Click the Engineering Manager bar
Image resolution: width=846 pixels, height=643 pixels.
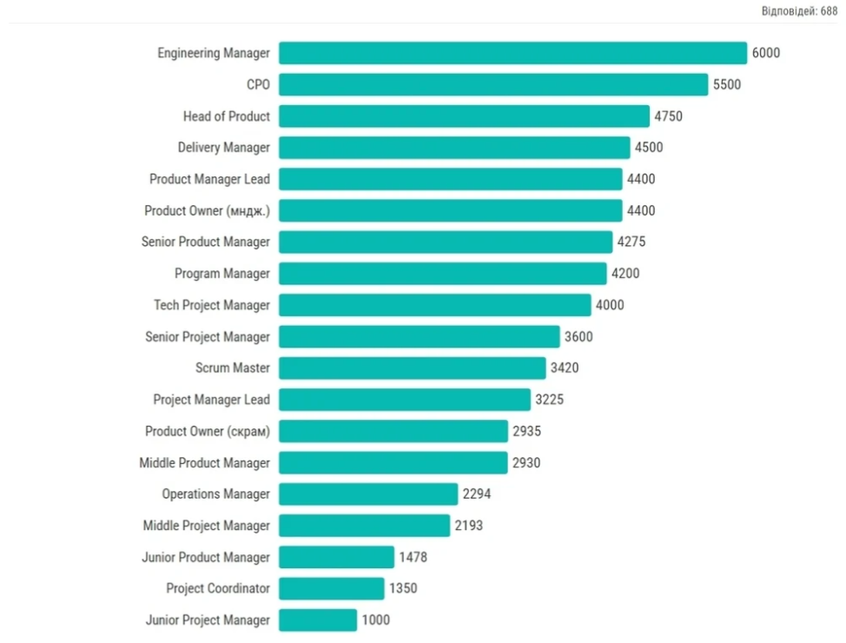pos(512,53)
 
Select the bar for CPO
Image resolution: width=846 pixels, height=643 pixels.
pos(493,84)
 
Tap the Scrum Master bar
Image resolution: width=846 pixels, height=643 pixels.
pos(413,368)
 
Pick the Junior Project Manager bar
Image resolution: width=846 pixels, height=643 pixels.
pos(318,620)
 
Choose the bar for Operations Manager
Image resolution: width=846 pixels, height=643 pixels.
pos(368,494)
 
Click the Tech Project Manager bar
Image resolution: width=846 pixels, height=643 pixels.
pos(435,305)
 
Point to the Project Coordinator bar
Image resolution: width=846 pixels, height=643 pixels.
pos(331,588)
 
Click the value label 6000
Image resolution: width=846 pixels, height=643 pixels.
pos(765,53)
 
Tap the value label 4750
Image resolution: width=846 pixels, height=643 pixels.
pos(668,116)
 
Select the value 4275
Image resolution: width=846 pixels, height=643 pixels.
pos(631,242)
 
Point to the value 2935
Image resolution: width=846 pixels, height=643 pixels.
pos(526,431)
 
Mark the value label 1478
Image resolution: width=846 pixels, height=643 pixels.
pos(413,557)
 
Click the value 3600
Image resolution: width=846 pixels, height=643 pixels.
pos(578,337)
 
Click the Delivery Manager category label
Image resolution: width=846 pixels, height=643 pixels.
pos(224,148)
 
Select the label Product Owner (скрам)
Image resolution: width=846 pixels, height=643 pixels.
pos(208,431)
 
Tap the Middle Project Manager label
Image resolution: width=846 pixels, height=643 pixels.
pos(206,526)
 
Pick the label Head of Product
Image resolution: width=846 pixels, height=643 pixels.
pos(227,116)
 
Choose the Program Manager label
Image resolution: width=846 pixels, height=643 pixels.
pos(222,274)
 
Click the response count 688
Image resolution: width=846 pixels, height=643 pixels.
pos(829,10)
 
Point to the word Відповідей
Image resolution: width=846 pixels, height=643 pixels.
pos(789,10)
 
